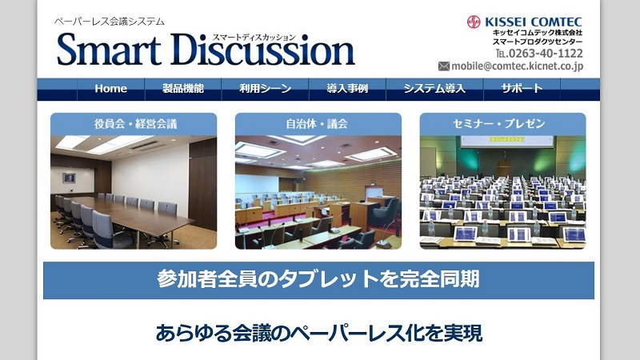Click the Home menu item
(x=110, y=89)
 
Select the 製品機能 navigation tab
(x=182, y=89)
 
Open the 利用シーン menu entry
(x=265, y=89)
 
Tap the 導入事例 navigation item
(x=347, y=89)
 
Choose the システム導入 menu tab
(x=434, y=89)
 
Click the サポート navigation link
(x=522, y=89)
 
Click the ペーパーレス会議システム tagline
(x=109, y=22)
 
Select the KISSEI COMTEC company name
(x=534, y=22)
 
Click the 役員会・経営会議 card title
(x=133, y=124)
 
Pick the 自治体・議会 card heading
(x=317, y=124)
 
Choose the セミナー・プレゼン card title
(x=503, y=124)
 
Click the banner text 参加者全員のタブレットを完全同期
(x=318, y=279)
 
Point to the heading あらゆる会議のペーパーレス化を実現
(x=318, y=332)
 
